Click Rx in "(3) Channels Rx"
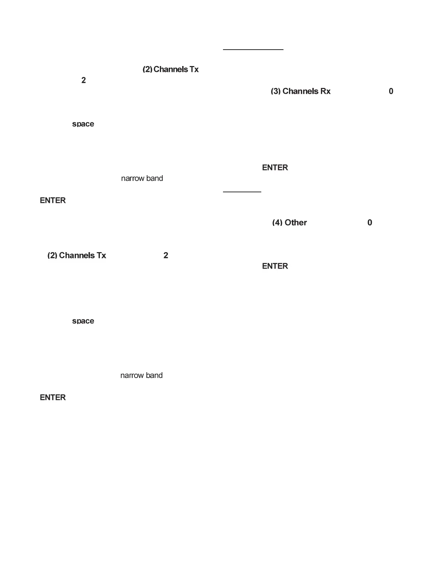325,91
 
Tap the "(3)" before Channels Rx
275,91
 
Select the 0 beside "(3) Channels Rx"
391,91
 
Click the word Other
296,223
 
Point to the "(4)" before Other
277,223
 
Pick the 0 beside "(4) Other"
370,223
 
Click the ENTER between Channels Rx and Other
275,167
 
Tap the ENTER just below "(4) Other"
275,266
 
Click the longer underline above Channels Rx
253,49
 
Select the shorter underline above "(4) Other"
242,192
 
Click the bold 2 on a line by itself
83,80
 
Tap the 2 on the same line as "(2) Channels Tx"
166,255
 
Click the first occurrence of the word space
83,124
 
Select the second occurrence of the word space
83,321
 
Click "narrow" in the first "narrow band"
132,178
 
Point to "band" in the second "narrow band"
154,375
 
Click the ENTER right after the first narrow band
53,200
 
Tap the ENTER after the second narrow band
53,397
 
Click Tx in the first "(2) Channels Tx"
194,69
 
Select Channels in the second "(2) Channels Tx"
77,255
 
